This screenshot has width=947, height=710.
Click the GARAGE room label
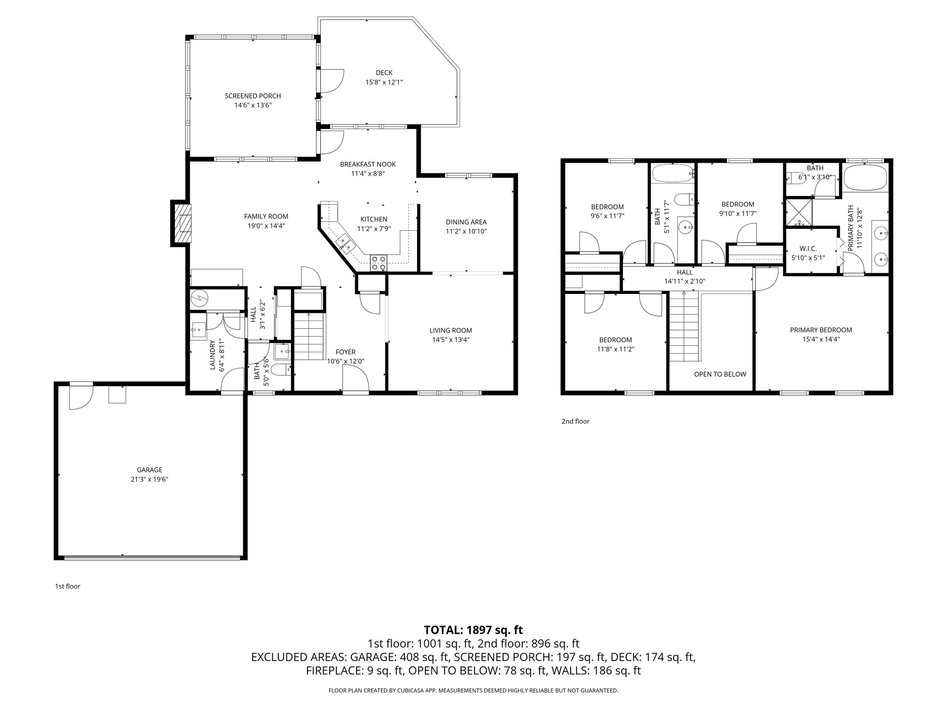pos(149,470)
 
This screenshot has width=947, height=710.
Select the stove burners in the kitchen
pos(378,263)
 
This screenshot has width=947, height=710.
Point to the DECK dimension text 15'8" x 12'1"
pos(384,82)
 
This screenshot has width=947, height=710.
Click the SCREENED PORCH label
pos(252,96)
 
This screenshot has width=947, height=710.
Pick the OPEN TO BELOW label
pos(720,374)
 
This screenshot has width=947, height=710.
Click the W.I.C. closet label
pos(808,248)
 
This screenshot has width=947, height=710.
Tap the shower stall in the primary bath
pos(799,212)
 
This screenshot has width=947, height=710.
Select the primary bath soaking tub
pos(865,178)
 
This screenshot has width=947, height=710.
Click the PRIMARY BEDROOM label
pos(821,330)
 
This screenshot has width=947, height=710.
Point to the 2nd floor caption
pos(575,421)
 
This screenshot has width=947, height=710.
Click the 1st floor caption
pos(68,586)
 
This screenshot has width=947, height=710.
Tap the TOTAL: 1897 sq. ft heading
pos(473,630)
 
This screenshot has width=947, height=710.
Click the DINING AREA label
pos(466,222)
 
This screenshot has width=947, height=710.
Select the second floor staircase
pos(684,328)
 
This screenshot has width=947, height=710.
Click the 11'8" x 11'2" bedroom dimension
pos(615,349)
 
